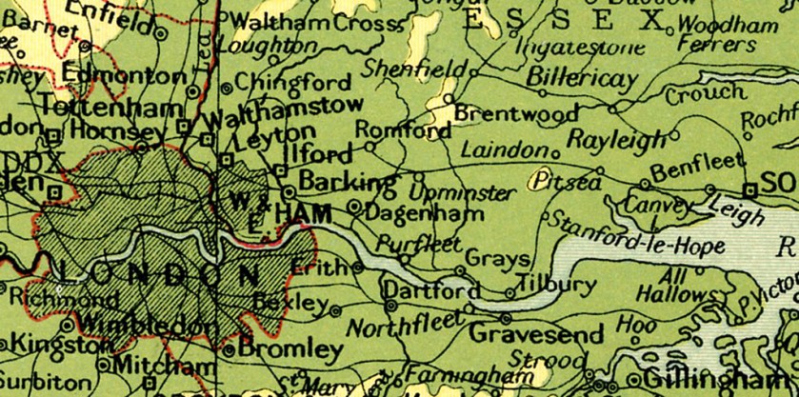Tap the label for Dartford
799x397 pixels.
(x=431, y=288)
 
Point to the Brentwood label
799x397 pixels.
(x=515, y=113)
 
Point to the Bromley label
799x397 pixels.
(x=290, y=349)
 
